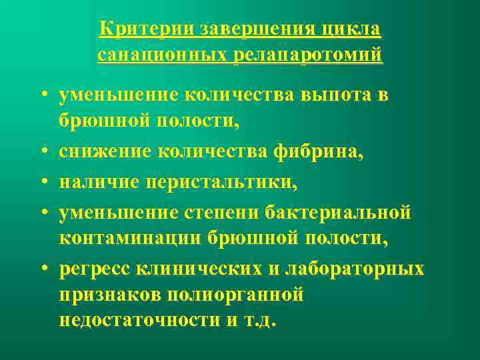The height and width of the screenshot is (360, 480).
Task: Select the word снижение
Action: click(106, 153)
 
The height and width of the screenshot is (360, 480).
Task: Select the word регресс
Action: click(97, 269)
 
